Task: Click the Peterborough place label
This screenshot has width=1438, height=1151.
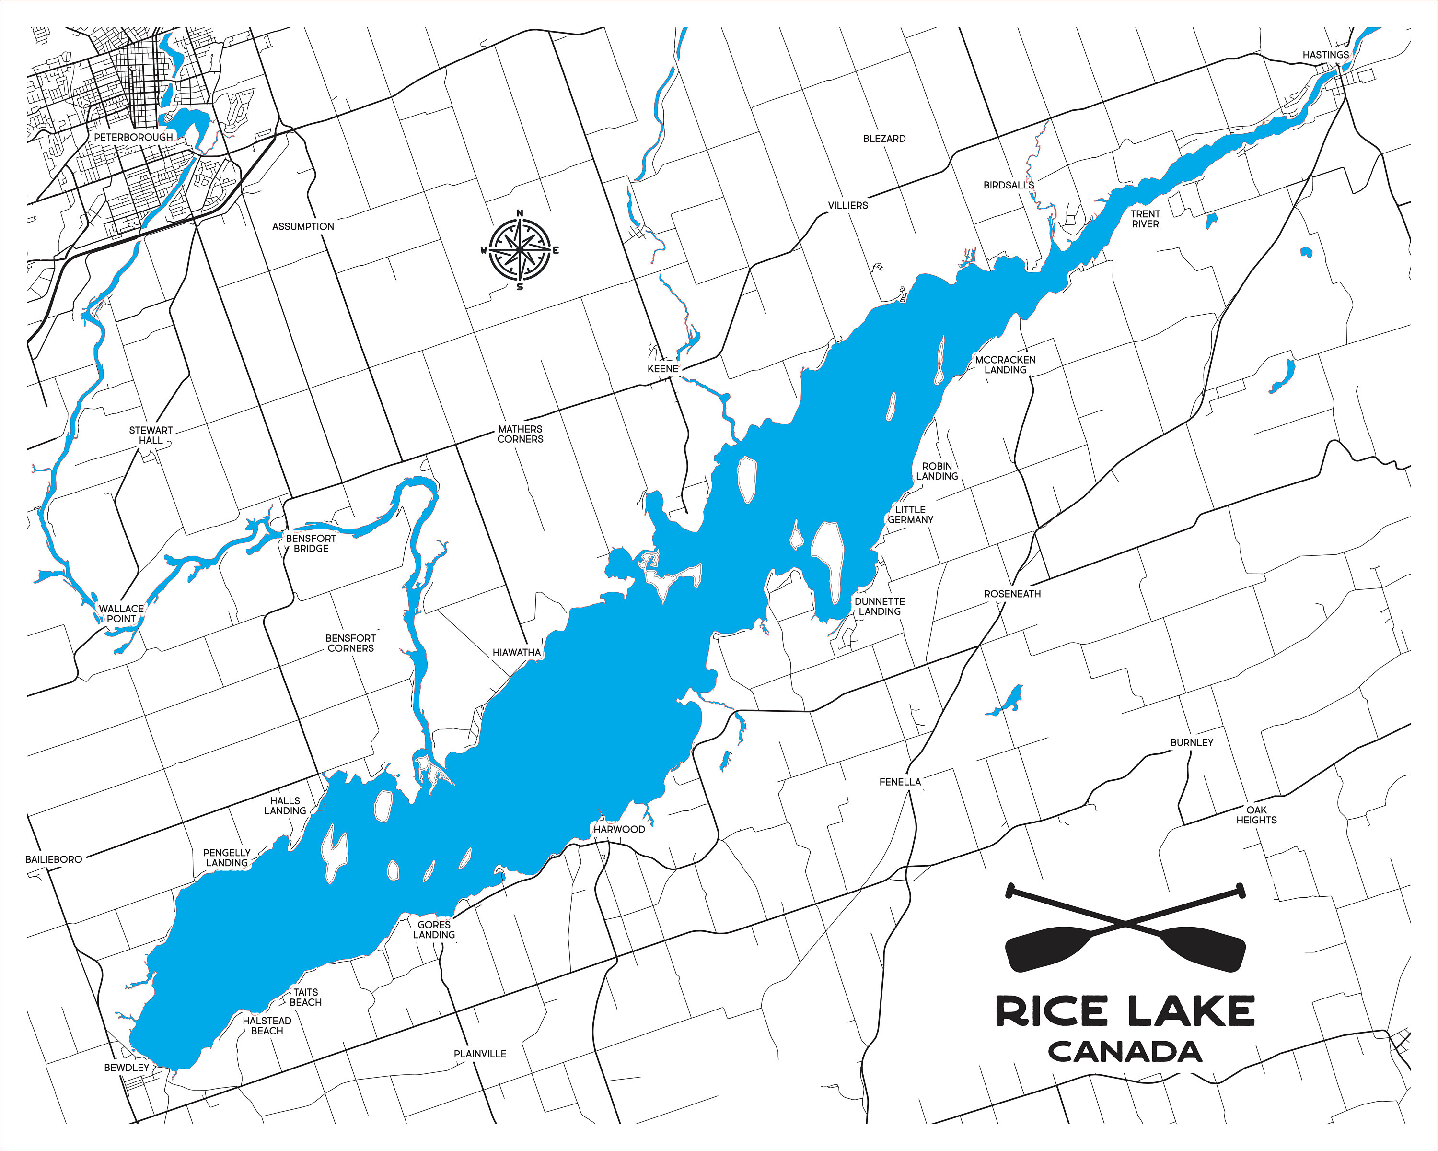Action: coord(133,137)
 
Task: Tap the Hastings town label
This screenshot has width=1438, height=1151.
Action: coord(1325,55)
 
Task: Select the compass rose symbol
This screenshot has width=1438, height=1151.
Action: coord(520,250)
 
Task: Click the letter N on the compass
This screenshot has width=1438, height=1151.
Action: coord(520,213)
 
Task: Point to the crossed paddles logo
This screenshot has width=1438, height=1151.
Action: coord(1125,927)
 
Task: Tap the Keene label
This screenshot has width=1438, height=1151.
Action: coord(662,368)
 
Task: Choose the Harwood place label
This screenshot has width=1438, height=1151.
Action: coord(619,829)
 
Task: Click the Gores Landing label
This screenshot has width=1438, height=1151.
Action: coord(434,929)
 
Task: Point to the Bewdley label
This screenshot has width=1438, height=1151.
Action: coord(127,1067)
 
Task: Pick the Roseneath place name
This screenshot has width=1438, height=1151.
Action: coord(1012,593)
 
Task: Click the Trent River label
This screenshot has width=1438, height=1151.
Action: coord(1145,219)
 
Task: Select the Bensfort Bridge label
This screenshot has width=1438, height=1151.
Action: coord(311,543)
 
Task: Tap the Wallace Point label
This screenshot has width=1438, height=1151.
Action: coord(121,613)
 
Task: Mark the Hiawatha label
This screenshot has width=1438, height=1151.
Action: coord(516,652)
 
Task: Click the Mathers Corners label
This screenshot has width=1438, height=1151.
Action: coord(520,434)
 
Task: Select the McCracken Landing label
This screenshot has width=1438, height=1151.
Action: coord(1005,364)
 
